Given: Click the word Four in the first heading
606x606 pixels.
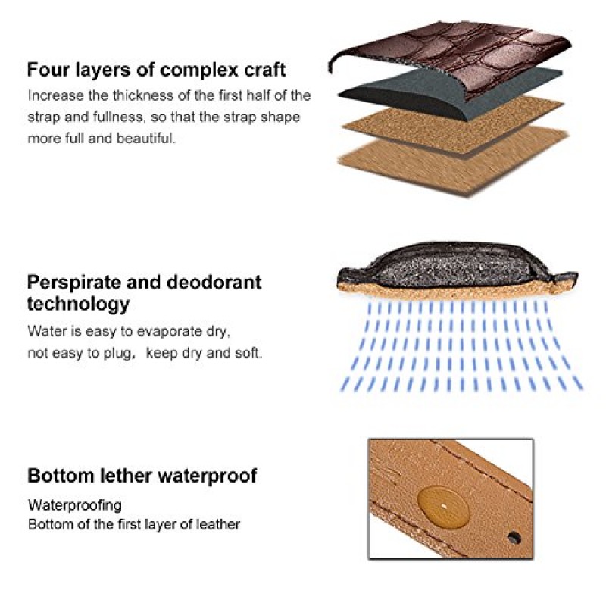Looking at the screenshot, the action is click(x=48, y=70).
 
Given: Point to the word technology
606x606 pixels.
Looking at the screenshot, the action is click(x=78, y=305).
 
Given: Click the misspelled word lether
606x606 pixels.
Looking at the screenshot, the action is click(x=126, y=476).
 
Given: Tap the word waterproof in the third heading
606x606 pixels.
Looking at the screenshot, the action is click(x=208, y=476).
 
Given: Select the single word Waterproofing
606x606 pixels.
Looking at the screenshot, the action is click(x=75, y=505).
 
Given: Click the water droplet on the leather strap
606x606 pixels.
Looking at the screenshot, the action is click(x=443, y=507).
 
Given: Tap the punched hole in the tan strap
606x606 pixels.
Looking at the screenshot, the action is click(x=514, y=538).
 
